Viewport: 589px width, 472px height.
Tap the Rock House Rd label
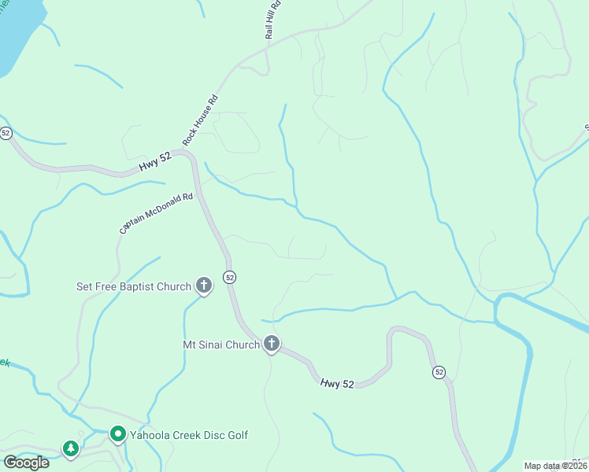coord(200,120)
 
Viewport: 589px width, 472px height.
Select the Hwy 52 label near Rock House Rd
coord(155,164)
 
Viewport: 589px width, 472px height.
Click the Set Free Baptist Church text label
coord(133,286)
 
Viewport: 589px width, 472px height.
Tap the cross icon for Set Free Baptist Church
coord(204,286)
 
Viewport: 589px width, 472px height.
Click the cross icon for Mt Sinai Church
coord(272,343)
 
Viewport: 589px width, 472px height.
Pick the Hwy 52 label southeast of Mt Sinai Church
coord(337,383)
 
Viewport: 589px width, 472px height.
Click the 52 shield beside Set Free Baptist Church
coord(229,277)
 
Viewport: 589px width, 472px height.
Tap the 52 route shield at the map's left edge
coord(6,133)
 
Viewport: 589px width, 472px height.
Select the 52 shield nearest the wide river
coord(439,371)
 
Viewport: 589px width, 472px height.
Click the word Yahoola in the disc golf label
coord(151,435)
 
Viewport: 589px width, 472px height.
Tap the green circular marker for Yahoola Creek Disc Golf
coord(117,434)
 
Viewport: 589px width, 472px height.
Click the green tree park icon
coord(71,448)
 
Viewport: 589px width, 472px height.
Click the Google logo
coord(26,463)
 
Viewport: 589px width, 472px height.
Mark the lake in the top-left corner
coord(12,31)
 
